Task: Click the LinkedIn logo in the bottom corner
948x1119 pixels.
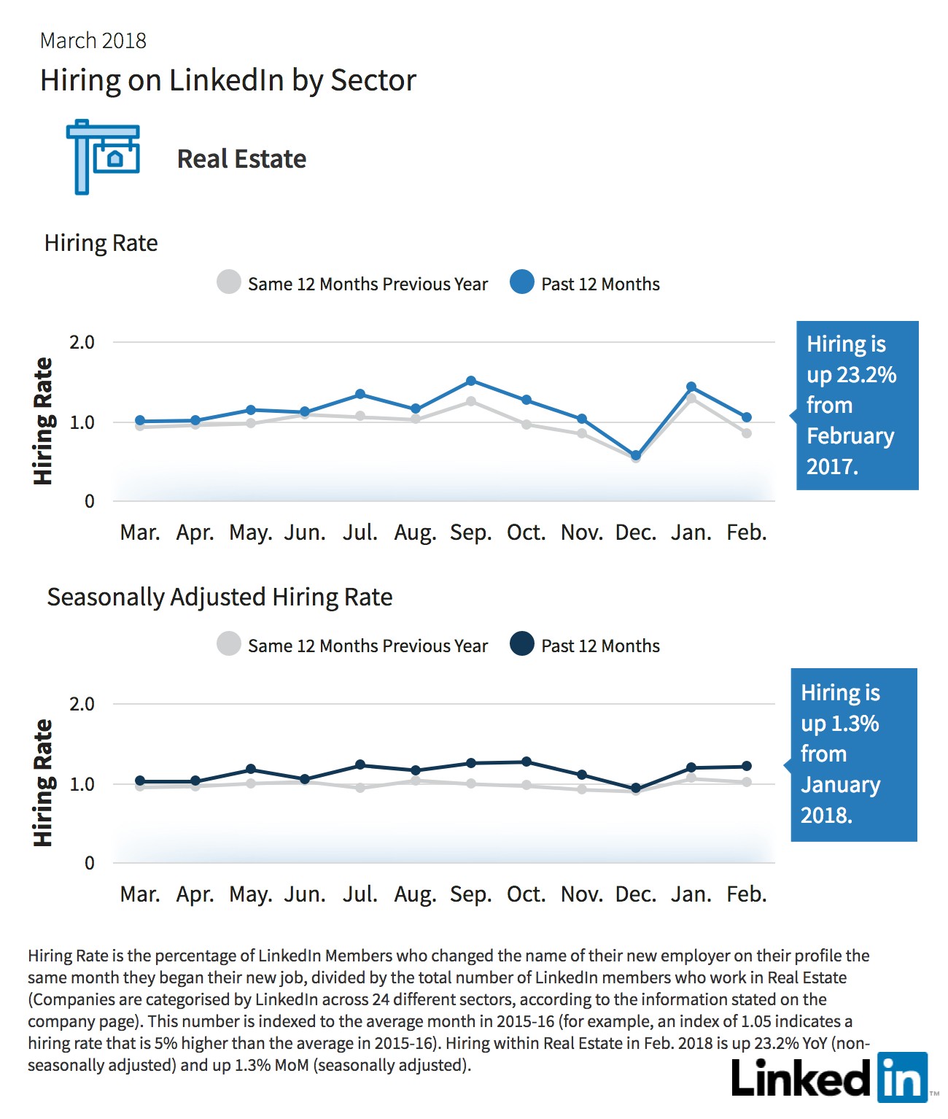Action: [x=829, y=1077]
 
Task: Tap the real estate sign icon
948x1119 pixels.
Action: [x=103, y=157]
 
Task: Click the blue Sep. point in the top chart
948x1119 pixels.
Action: [x=471, y=381]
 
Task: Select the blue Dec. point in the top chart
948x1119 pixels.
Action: [x=636, y=456]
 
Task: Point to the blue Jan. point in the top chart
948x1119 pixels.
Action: [x=691, y=387]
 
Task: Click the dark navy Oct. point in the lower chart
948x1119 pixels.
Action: [x=526, y=762]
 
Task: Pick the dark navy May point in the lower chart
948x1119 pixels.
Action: [x=251, y=770]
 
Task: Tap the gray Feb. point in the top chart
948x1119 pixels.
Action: [x=747, y=433]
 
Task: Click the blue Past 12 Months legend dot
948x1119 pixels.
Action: [x=522, y=282]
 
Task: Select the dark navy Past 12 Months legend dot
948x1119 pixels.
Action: [x=522, y=643]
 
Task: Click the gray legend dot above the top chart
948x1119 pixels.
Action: [x=229, y=282]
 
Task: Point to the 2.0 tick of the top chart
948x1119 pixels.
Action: [x=82, y=342]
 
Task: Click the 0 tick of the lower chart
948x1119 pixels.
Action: [x=89, y=863]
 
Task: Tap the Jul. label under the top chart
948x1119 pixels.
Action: [x=360, y=533]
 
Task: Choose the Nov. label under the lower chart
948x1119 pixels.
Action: [x=582, y=894]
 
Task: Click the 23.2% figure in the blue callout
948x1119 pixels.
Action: [x=866, y=375]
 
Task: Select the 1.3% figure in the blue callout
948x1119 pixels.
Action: [x=855, y=723]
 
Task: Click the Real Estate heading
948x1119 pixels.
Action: [x=241, y=158]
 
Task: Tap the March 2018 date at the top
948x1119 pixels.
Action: [x=93, y=41]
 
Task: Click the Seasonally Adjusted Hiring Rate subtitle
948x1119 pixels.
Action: [x=219, y=597]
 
